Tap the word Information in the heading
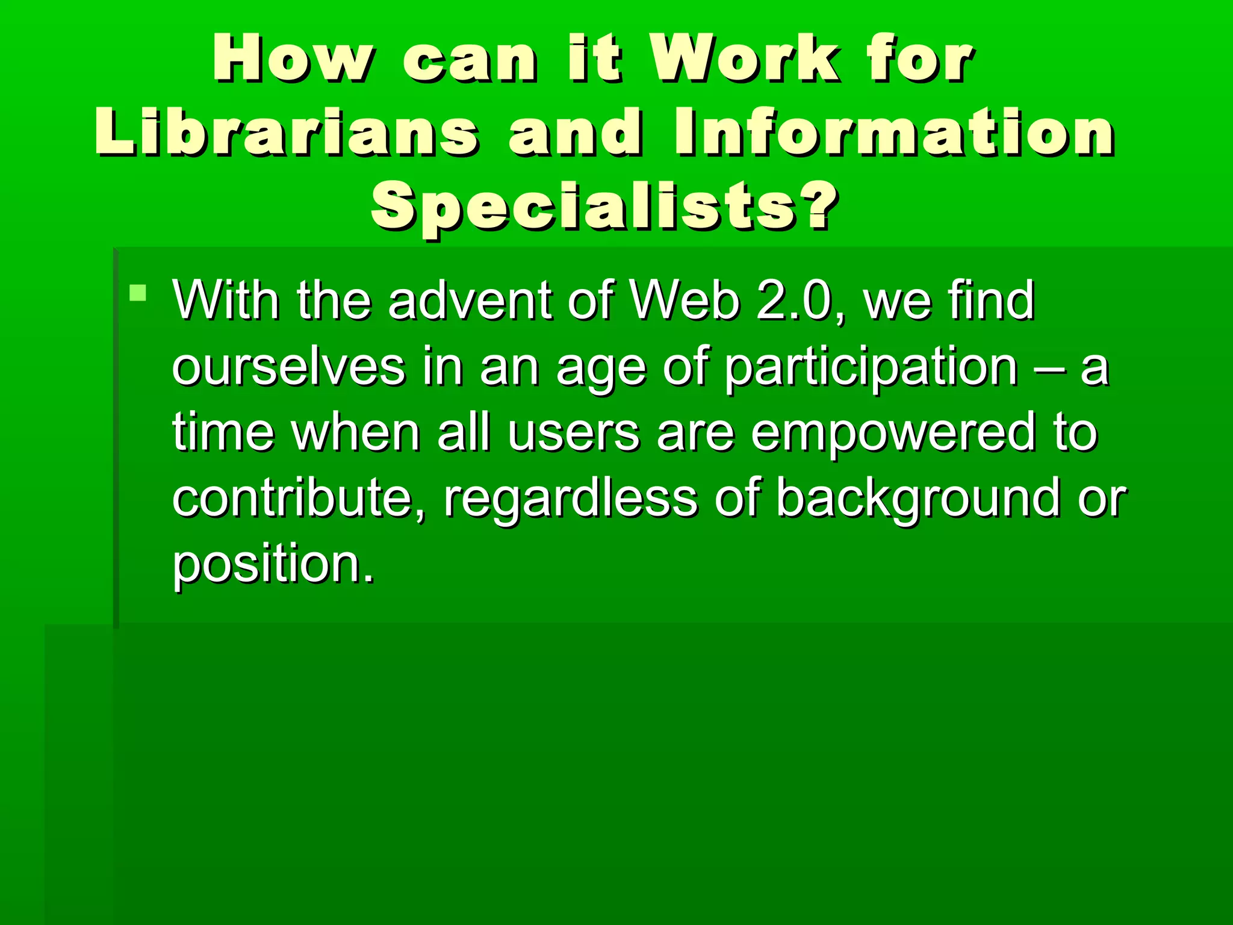click(895, 132)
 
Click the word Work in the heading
click(747, 58)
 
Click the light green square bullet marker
click(138, 293)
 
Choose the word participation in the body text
click(871, 367)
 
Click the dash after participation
click(1049, 367)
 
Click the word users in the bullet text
click(573, 432)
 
